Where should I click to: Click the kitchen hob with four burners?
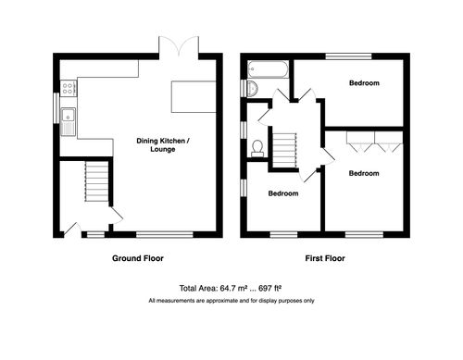click(68, 89)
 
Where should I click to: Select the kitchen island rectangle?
click(194, 95)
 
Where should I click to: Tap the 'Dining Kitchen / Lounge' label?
click(163, 145)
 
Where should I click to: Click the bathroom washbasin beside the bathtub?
click(251, 88)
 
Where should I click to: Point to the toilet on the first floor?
click(257, 145)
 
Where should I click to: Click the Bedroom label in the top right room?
click(364, 83)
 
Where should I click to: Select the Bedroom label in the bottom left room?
click(283, 193)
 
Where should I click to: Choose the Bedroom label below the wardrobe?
click(364, 173)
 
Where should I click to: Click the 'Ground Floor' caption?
click(139, 258)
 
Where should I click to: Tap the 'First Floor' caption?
click(324, 258)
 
